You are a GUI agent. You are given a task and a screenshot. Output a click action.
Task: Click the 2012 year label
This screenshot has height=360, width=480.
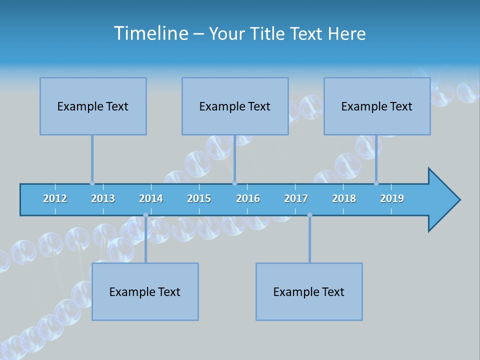(x=55, y=198)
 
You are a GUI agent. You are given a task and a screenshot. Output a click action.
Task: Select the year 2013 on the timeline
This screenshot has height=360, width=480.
(x=103, y=198)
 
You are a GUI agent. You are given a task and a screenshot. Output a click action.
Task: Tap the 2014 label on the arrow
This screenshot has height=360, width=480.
(x=151, y=198)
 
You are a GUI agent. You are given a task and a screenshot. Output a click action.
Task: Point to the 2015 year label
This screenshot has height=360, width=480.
(x=199, y=198)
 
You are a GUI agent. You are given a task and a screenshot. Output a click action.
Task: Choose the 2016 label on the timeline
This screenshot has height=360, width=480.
(x=248, y=198)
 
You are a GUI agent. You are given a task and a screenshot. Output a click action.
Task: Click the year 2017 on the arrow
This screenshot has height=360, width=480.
(x=296, y=198)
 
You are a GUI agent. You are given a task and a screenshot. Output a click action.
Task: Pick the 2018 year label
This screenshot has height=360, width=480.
(x=344, y=198)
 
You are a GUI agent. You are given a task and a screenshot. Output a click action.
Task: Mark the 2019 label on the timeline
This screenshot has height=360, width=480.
(x=392, y=198)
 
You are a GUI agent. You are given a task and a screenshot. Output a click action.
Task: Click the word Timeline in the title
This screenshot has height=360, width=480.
(x=151, y=33)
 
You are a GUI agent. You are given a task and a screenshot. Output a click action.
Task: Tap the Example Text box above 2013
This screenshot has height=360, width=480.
(x=93, y=106)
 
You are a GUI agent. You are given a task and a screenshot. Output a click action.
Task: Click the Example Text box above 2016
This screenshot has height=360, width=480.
(x=235, y=106)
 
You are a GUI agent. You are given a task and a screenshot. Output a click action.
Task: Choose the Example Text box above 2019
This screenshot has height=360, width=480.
(x=377, y=106)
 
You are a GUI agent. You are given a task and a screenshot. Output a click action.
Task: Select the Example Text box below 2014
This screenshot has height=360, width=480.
(x=145, y=292)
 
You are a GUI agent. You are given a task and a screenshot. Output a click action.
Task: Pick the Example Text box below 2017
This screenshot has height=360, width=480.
(x=309, y=292)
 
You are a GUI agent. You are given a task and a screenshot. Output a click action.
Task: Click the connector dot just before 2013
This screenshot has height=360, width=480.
(x=92, y=183)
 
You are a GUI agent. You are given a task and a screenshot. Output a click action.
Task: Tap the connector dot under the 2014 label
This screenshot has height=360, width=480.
(x=145, y=215)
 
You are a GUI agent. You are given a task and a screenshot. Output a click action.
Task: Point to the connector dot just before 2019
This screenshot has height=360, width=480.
(x=376, y=183)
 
